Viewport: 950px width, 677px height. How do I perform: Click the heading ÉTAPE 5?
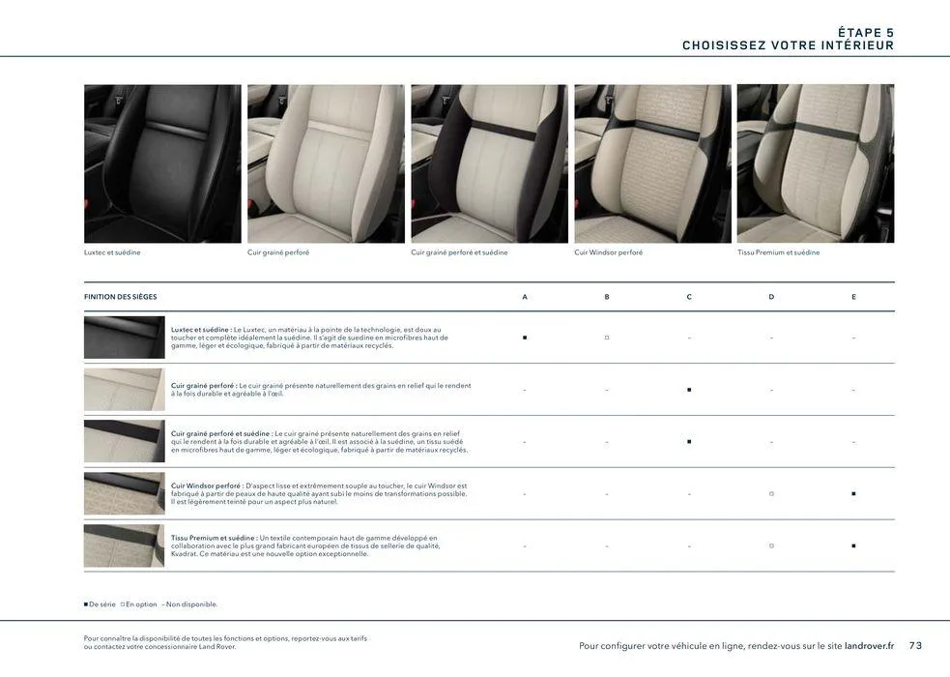[858, 33]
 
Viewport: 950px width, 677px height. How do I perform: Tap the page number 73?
[915, 646]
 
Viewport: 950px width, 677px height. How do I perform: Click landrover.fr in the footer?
[869, 646]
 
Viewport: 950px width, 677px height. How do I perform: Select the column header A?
[525, 297]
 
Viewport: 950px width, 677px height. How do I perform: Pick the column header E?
[853, 297]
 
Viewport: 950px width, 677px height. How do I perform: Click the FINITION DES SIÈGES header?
[121, 297]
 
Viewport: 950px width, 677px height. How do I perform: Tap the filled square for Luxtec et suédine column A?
[525, 338]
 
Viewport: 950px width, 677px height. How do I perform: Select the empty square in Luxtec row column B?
[607, 338]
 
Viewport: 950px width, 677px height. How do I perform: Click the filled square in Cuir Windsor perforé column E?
[853, 493]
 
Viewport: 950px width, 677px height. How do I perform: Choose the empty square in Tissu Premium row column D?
[771, 545]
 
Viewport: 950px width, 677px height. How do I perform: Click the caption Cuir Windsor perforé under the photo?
[608, 252]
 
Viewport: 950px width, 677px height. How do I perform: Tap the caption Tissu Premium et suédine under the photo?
[778, 252]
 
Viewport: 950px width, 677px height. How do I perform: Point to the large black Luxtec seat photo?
[162, 163]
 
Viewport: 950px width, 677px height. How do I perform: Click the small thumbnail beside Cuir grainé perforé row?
[124, 390]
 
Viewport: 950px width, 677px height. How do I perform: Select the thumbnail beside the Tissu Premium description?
[124, 545]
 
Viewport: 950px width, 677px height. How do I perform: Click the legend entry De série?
[101, 604]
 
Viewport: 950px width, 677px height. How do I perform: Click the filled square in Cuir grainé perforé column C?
[689, 390]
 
